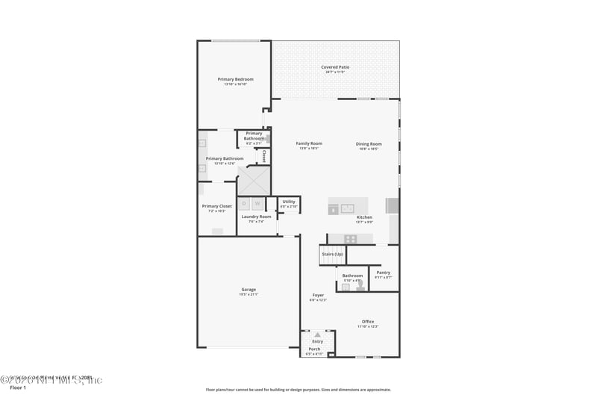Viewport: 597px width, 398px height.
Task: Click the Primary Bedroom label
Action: (x=235, y=79)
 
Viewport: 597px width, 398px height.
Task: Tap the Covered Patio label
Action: (x=335, y=67)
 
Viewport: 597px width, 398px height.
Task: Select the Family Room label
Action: (x=309, y=143)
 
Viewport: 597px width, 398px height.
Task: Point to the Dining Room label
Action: (x=369, y=144)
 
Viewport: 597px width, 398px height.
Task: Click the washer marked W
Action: (x=257, y=203)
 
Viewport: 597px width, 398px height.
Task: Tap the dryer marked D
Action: (x=244, y=203)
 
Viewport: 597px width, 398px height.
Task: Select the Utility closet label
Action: (x=289, y=202)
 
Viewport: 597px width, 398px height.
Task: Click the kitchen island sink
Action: (x=348, y=208)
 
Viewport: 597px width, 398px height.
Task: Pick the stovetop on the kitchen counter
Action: (x=349, y=239)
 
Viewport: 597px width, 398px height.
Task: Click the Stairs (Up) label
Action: (x=333, y=255)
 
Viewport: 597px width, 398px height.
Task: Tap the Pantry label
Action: (x=383, y=273)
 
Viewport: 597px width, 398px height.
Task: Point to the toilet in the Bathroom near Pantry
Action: (x=360, y=284)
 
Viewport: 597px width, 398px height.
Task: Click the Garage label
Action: (x=249, y=290)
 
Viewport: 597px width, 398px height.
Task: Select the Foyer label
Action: (x=318, y=296)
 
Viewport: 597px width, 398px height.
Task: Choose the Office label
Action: (x=368, y=322)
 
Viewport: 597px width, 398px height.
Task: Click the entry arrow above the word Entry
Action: (x=317, y=335)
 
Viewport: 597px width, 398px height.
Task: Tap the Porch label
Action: (x=314, y=349)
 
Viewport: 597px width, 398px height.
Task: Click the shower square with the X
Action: (x=254, y=180)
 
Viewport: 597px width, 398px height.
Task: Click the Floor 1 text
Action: (x=17, y=388)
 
